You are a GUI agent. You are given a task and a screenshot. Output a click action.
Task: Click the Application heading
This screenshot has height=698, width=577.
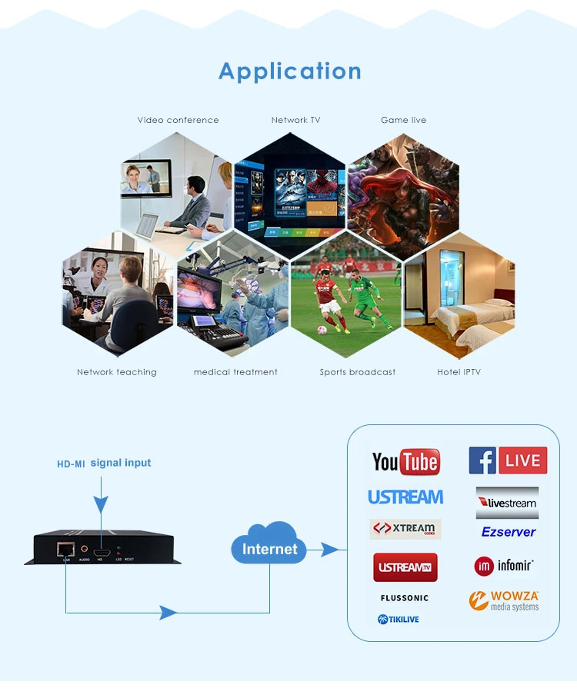[289, 71]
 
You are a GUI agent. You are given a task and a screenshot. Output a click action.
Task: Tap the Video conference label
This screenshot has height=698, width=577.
[178, 120]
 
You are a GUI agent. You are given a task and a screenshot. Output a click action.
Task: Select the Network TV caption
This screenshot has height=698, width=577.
[295, 120]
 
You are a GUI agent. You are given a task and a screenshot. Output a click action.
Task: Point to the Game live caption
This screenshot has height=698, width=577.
[403, 120]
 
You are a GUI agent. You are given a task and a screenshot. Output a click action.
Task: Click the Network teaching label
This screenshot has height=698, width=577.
[116, 372]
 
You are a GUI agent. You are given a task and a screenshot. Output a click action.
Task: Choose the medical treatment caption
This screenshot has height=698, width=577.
[235, 372]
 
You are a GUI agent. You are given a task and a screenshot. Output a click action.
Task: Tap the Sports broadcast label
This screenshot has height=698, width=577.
[357, 372]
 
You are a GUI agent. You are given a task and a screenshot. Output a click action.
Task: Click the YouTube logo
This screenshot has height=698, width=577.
[405, 461]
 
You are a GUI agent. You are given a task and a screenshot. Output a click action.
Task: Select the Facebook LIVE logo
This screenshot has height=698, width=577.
[508, 460]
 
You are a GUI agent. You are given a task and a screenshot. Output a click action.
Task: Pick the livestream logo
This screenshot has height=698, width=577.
[507, 503]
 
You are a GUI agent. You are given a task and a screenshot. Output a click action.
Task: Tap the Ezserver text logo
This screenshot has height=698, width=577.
[509, 532]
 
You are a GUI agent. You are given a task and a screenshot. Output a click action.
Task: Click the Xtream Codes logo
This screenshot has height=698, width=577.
[405, 529]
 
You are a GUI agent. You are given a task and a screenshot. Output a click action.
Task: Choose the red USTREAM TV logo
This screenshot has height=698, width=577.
[405, 567]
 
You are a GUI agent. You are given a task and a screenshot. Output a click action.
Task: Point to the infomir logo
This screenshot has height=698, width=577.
[504, 566]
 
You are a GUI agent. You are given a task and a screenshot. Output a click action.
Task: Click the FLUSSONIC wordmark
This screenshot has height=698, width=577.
[404, 598]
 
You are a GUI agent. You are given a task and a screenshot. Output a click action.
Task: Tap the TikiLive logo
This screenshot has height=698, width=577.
[399, 620]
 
